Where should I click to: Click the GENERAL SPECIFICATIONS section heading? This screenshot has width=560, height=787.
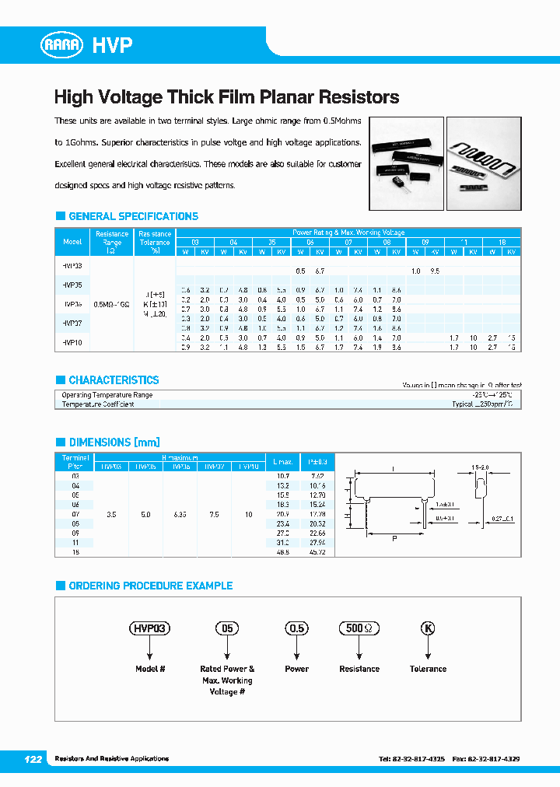tap(133, 216)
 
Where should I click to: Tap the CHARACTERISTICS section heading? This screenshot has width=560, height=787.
tap(114, 380)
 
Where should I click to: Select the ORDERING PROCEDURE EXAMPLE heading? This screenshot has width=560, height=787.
tap(150, 586)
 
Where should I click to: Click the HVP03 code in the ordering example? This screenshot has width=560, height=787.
tap(149, 628)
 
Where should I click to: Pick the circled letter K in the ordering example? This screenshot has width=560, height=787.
tap(427, 628)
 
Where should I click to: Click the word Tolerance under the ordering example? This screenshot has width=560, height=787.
tap(428, 669)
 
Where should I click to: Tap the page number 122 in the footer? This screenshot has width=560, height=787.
tap(33, 758)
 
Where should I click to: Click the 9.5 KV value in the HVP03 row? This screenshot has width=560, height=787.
tap(435, 271)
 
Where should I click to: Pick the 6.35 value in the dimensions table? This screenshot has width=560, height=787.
tap(182, 514)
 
